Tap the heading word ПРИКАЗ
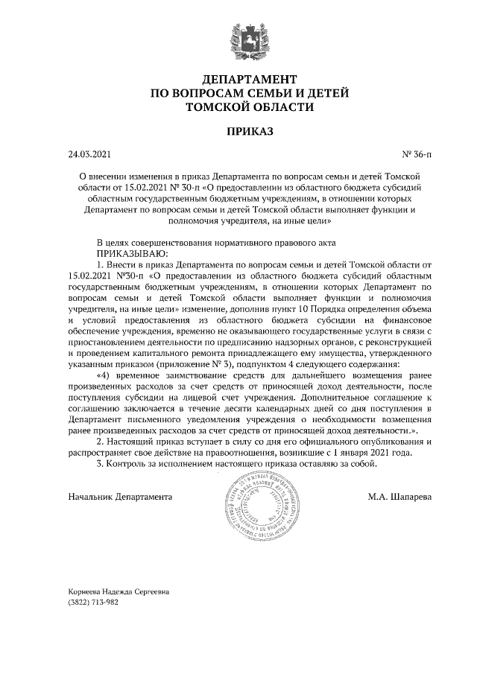click(x=238, y=132)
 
